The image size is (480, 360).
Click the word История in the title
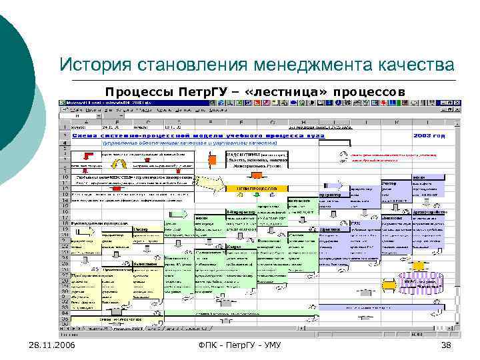[94, 65]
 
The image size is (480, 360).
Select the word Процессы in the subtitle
[131, 90]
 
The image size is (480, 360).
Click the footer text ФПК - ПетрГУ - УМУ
[239, 344]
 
